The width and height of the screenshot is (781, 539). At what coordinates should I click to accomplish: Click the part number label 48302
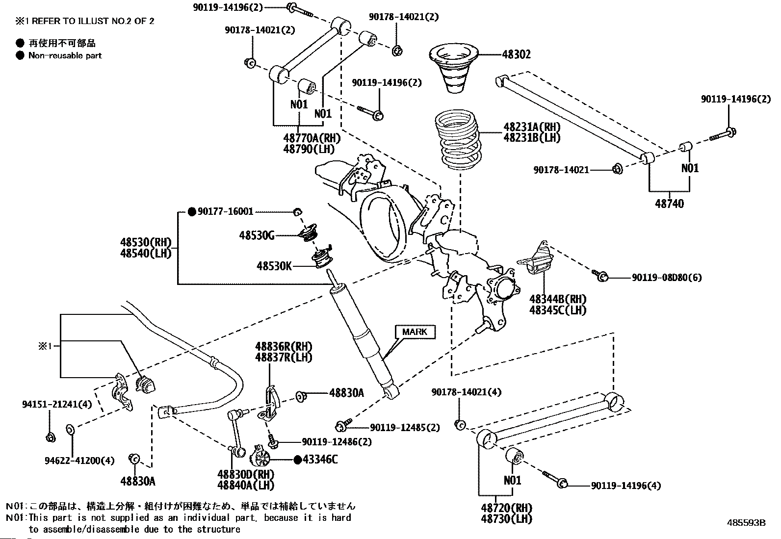tap(516, 55)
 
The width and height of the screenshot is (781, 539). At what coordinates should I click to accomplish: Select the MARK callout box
tap(415, 332)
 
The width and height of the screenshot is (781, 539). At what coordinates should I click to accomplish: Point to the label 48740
tap(669, 203)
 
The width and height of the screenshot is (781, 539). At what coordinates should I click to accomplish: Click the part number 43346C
tap(320, 460)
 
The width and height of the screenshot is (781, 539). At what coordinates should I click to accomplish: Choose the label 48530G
tap(257, 236)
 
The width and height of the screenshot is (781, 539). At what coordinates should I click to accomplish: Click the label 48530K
tap(274, 266)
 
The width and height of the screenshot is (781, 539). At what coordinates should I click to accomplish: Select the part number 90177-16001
tap(225, 211)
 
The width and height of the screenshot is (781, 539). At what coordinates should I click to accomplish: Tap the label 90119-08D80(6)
tap(666, 278)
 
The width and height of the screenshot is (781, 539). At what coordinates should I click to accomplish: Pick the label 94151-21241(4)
tap(57, 405)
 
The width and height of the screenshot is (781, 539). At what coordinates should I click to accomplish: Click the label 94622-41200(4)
tap(79, 461)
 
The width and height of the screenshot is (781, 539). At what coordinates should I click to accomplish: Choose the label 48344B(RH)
tap(558, 299)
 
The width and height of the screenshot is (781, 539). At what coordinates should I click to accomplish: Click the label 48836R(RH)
tap(284, 347)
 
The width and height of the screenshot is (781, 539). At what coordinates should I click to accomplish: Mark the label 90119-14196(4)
tap(625, 486)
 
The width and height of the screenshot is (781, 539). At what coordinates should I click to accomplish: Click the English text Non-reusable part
tap(65, 55)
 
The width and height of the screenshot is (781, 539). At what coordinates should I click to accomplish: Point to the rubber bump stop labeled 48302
tap(454, 69)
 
